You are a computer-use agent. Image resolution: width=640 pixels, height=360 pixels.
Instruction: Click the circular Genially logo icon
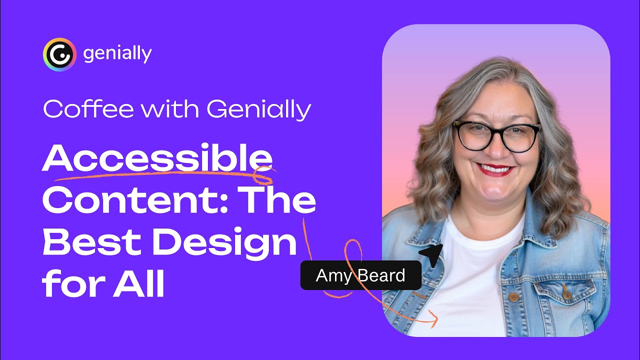(59, 54)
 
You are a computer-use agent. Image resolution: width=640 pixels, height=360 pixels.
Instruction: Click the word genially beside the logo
(117, 54)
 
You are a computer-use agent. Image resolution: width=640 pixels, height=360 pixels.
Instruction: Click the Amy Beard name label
(360, 275)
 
